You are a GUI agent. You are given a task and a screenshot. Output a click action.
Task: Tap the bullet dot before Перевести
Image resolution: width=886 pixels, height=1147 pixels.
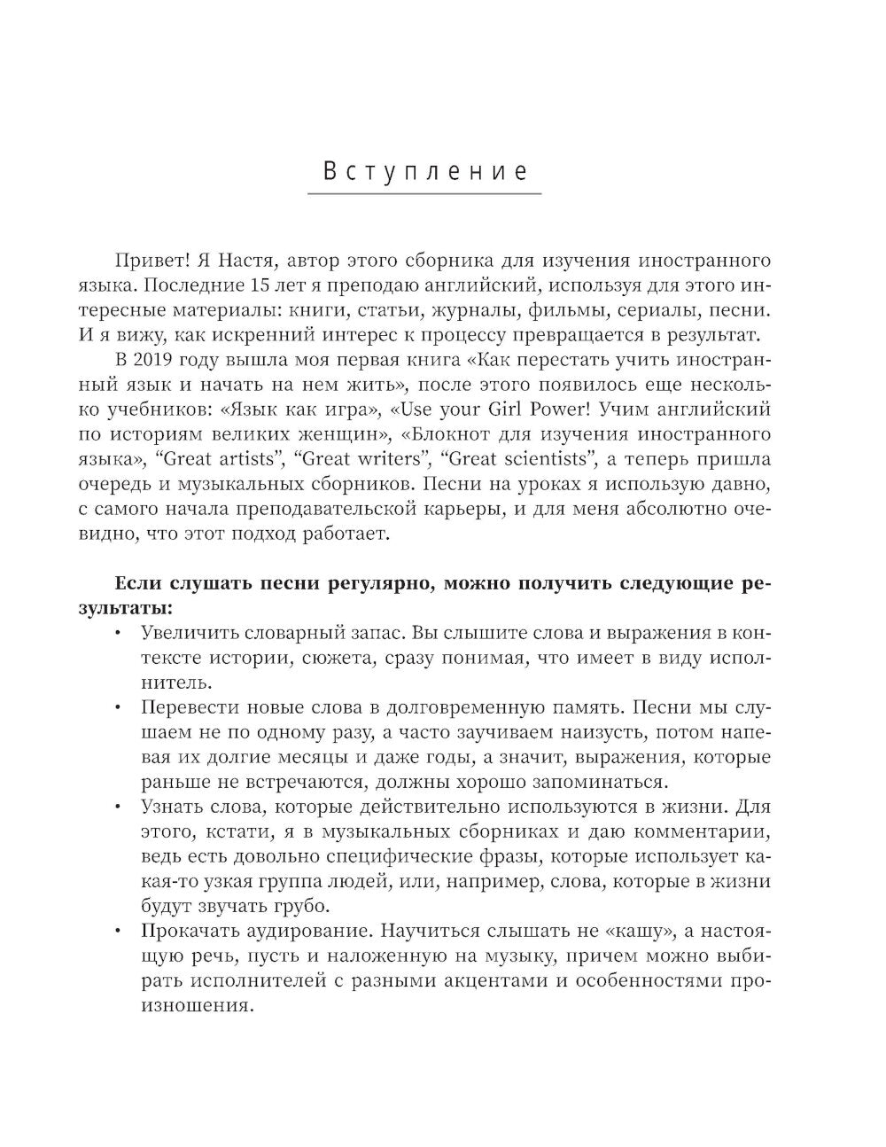[x=120, y=709]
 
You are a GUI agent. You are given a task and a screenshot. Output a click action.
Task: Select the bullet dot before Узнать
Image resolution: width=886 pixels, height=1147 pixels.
[x=120, y=808]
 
